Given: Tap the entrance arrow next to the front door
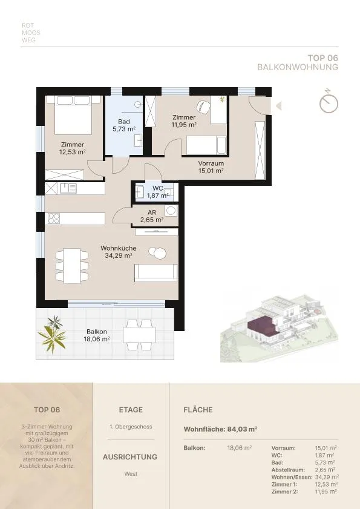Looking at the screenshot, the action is pos(278,106).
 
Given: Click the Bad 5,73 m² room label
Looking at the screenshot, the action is pos(124,125).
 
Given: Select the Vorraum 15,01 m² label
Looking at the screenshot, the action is pos(211,167).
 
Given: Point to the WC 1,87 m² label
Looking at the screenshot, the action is pos(157,192).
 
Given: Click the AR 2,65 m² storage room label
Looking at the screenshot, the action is pos(152,216).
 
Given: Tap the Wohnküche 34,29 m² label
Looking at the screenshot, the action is pos(118,252).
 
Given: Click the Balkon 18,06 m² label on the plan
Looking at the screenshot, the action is pos(96,335).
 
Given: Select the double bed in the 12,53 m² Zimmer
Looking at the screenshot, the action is pos(73,115).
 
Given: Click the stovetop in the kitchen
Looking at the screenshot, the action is pos(54,218).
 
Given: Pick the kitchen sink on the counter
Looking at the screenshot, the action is pos(68,188).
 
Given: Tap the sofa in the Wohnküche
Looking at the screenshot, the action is pos(156,273).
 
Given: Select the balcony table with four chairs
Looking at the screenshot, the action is pos(139,335).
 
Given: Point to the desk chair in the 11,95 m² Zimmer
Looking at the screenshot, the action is pos(203,107).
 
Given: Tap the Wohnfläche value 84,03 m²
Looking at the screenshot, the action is pos(242,429).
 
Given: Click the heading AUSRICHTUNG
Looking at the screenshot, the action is pos(130,457).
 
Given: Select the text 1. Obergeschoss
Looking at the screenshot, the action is pos(131,427).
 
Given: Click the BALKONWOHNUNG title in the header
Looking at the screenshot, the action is pos(298,67).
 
